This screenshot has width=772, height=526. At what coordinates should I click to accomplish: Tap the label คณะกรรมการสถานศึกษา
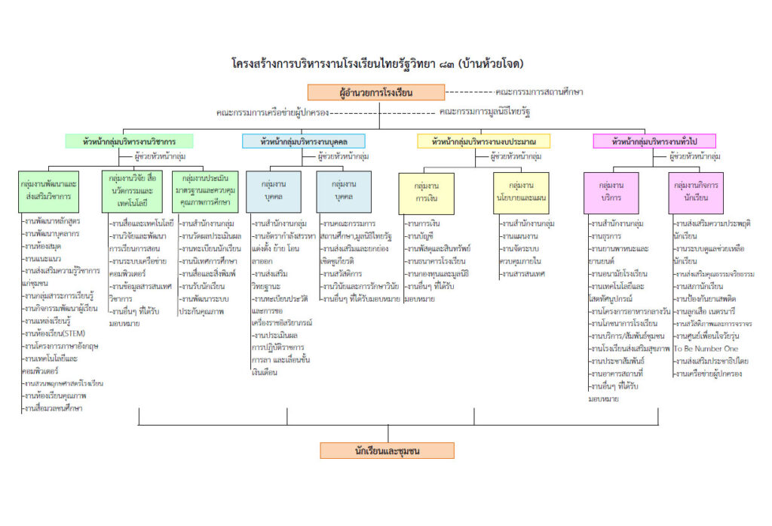tap(540, 92)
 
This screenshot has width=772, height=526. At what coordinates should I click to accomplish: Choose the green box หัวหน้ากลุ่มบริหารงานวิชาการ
tap(130, 141)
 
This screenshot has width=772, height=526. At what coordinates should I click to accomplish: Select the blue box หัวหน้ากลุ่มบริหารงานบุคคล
tap(303, 141)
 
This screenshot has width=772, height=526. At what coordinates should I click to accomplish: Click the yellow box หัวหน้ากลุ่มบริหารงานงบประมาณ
tap(483, 141)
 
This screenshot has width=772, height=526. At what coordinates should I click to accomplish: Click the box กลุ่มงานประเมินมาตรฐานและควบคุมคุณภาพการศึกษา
tap(206, 191)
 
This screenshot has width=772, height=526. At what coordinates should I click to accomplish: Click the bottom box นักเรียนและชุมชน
tap(387, 451)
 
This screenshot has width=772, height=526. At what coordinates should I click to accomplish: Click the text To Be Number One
tap(706, 349)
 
